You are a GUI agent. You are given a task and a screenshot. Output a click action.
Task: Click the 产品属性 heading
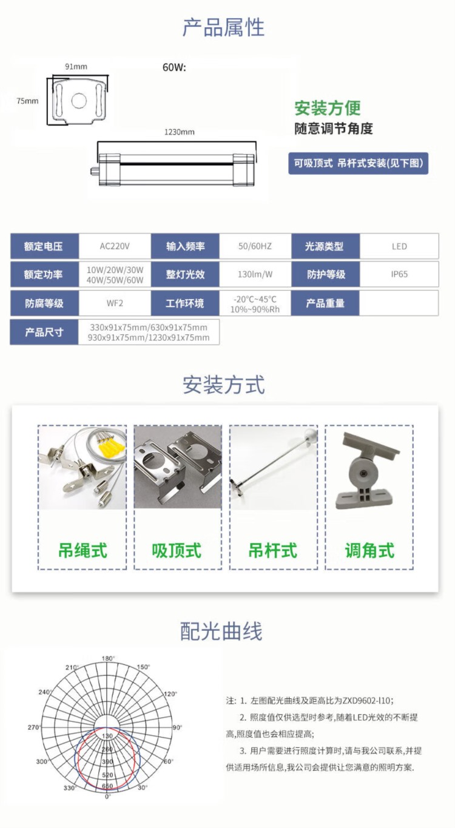(224, 28)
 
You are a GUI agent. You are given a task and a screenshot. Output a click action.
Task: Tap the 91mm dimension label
(76, 67)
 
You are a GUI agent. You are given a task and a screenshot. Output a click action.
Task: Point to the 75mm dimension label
(27, 101)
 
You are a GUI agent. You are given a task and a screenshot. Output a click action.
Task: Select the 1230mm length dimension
(179, 132)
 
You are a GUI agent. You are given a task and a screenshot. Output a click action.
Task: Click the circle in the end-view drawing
(79, 101)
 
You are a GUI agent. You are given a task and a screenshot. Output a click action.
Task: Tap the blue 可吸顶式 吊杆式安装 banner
(358, 163)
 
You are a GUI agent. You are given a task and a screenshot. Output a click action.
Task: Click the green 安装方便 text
(328, 108)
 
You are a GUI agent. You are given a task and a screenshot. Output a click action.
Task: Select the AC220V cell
(115, 246)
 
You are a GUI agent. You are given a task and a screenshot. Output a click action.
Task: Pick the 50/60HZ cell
(255, 246)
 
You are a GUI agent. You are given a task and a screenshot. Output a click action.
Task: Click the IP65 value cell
(399, 274)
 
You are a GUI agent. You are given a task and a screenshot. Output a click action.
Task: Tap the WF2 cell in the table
(115, 303)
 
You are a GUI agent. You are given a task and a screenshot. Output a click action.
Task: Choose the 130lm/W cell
(255, 274)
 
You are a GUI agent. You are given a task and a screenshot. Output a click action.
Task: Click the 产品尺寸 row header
(44, 332)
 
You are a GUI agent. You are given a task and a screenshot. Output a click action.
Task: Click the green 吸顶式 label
(177, 550)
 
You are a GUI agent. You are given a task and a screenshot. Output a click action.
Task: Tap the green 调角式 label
(369, 550)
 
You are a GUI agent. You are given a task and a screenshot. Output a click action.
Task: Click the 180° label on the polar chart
(108, 658)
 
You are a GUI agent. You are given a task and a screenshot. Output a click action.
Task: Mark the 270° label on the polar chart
(33, 727)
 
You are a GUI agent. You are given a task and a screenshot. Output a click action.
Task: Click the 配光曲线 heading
(221, 631)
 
